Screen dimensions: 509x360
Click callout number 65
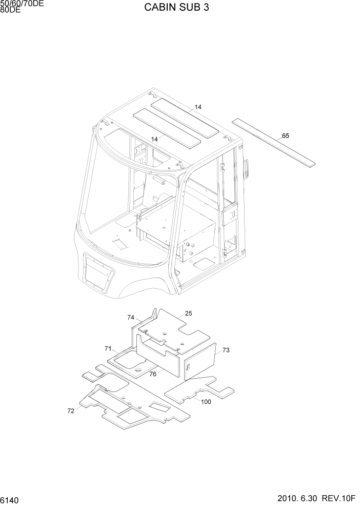point(286,136)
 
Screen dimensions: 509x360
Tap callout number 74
point(131,318)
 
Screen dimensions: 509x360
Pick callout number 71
point(108,349)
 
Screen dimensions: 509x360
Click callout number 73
point(226,350)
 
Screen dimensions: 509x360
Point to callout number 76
point(153,374)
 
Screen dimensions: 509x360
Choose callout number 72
point(71,410)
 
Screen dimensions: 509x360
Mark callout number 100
point(206,402)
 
